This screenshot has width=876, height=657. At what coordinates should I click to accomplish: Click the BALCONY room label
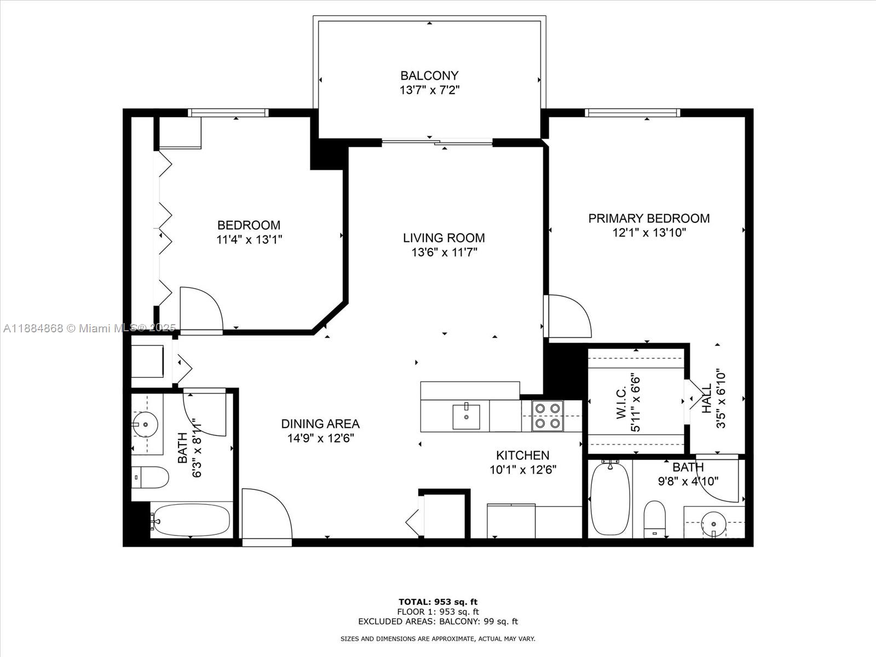click(x=429, y=76)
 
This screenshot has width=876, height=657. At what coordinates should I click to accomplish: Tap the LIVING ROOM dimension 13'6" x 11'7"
click(x=444, y=252)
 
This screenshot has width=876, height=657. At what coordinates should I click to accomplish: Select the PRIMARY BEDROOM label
click(x=649, y=218)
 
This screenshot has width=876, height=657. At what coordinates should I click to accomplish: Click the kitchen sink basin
click(x=466, y=416)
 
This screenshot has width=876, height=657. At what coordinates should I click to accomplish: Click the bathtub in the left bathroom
click(x=191, y=520)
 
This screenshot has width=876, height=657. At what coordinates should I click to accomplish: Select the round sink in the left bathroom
click(x=145, y=424)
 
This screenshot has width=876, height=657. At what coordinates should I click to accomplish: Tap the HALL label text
click(x=707, y=399)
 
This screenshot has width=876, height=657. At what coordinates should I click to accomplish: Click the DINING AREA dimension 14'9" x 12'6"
click(x=320, y=438)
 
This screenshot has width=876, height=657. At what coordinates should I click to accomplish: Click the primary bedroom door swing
click(x=568, y=316)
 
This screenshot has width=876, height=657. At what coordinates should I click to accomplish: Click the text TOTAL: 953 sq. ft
click(x=438, y=602)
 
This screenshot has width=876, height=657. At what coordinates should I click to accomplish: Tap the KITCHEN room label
click(x=522, y=456)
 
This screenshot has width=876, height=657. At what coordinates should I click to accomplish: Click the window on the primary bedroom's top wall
click(x=632, y=113)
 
